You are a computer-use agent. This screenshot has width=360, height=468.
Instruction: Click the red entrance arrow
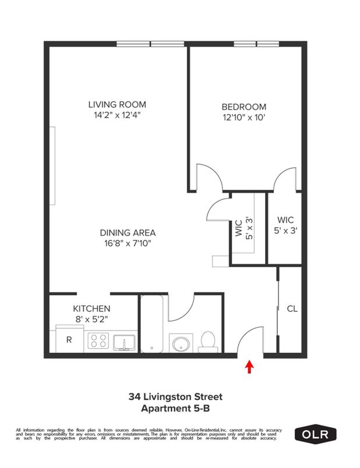click(x=250, y=367)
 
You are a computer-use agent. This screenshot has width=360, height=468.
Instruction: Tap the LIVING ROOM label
click(x=117, y=105)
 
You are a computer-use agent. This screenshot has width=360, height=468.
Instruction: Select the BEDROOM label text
click(x=243, y=107)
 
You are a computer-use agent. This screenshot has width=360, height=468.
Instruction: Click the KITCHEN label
click(x=91, y=309)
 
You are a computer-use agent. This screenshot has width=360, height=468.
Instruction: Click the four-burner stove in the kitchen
click(x=98, y=341)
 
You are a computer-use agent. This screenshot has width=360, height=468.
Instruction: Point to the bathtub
click(x=153, y=326)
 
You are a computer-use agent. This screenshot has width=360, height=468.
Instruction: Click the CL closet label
click(x=292, y=309)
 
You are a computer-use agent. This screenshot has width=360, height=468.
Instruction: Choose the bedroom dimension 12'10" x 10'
click(x=243, y=118)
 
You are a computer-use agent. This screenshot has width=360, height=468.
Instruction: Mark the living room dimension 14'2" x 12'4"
click(x=117, y=115)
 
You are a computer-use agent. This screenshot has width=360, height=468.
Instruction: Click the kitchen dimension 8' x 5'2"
click(x=91, y=319)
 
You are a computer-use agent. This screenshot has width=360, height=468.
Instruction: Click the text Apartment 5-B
click(x=175, y=409)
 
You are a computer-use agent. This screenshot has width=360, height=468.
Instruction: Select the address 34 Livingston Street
click(x=175, y=397)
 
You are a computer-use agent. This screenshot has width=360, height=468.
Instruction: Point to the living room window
click(x=150, y=44)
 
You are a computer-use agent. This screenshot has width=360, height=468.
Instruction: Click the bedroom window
click(x=256, y=44)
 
